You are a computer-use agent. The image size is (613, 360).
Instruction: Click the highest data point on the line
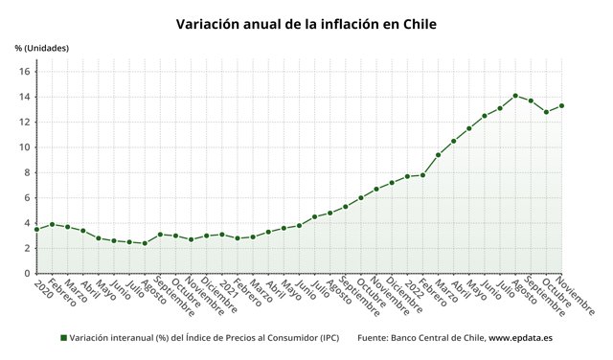click(x=515, y=96)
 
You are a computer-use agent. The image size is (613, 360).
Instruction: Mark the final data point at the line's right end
click(x=561, y=105)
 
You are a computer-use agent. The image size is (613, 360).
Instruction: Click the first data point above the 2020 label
click(x=36, y=229)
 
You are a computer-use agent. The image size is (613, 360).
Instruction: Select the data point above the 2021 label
click(x=222, y=234)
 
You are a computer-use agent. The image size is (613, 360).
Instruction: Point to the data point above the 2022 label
click(x=407, y=176)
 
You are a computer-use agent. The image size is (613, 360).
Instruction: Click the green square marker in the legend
click(x=63, y=338)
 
